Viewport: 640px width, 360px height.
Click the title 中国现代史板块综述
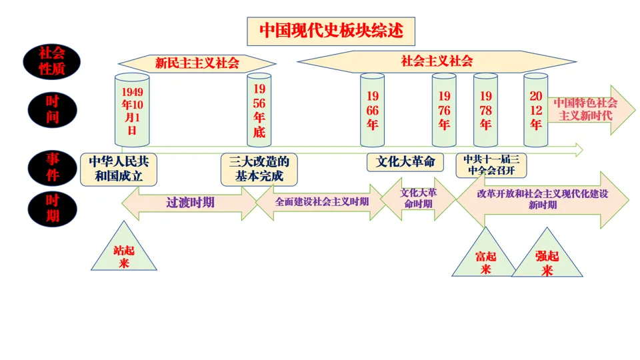(331, 31)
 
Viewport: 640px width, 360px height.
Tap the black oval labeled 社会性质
(51, 61)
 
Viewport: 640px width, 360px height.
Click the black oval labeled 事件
(51, 167)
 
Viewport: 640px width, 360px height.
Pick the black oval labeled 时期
(51, 208)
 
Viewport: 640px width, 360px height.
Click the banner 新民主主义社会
(197, 63)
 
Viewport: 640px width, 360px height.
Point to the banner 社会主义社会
(437, 61)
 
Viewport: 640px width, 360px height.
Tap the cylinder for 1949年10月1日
(132, 110)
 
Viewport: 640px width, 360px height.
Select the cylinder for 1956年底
(259, 110)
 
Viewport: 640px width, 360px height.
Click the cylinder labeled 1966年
(372, 110)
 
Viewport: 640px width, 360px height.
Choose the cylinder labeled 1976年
(444, 110)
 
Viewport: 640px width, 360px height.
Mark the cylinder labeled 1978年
(485, 110)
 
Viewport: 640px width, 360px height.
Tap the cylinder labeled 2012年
(535, 110)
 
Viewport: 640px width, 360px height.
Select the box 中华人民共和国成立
(119, 169)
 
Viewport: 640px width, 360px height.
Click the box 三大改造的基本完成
(259, 169)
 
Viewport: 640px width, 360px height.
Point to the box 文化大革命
(405, 162)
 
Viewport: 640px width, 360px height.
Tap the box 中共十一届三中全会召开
(491, 165)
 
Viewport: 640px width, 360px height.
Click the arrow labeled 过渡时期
(189, 203)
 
